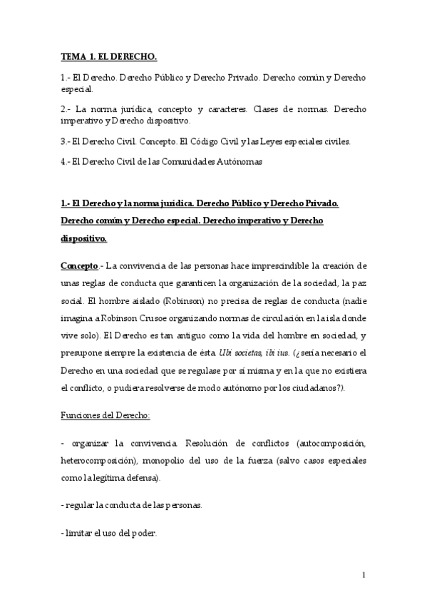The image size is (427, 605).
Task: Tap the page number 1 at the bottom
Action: point(364,575)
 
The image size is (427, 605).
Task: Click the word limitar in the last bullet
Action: point(78,534)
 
